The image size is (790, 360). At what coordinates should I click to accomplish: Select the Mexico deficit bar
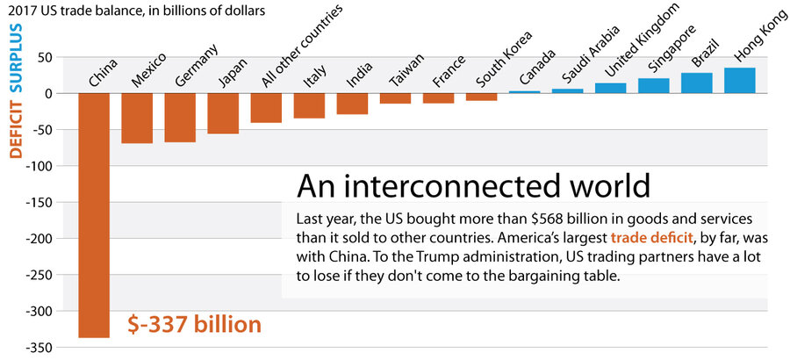pos(137,118)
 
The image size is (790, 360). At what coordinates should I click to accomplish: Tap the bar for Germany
pos(180,117)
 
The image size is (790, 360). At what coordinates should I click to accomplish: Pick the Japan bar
pos(223,113)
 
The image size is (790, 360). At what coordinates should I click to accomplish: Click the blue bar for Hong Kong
pos(740,81)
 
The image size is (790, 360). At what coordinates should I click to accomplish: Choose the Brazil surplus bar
pos(697,83)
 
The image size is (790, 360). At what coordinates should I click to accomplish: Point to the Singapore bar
pos(654,86)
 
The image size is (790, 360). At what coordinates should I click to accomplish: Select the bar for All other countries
pos(266,107)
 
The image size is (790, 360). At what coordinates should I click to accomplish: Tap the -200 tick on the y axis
pos(39,238)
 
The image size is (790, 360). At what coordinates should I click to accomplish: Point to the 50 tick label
pos(45,57)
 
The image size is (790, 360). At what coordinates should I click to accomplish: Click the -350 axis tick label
pos(39,347)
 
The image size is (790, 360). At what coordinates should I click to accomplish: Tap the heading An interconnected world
pos(473,186)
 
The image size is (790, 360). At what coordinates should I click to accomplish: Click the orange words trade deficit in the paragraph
pos(647,236)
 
